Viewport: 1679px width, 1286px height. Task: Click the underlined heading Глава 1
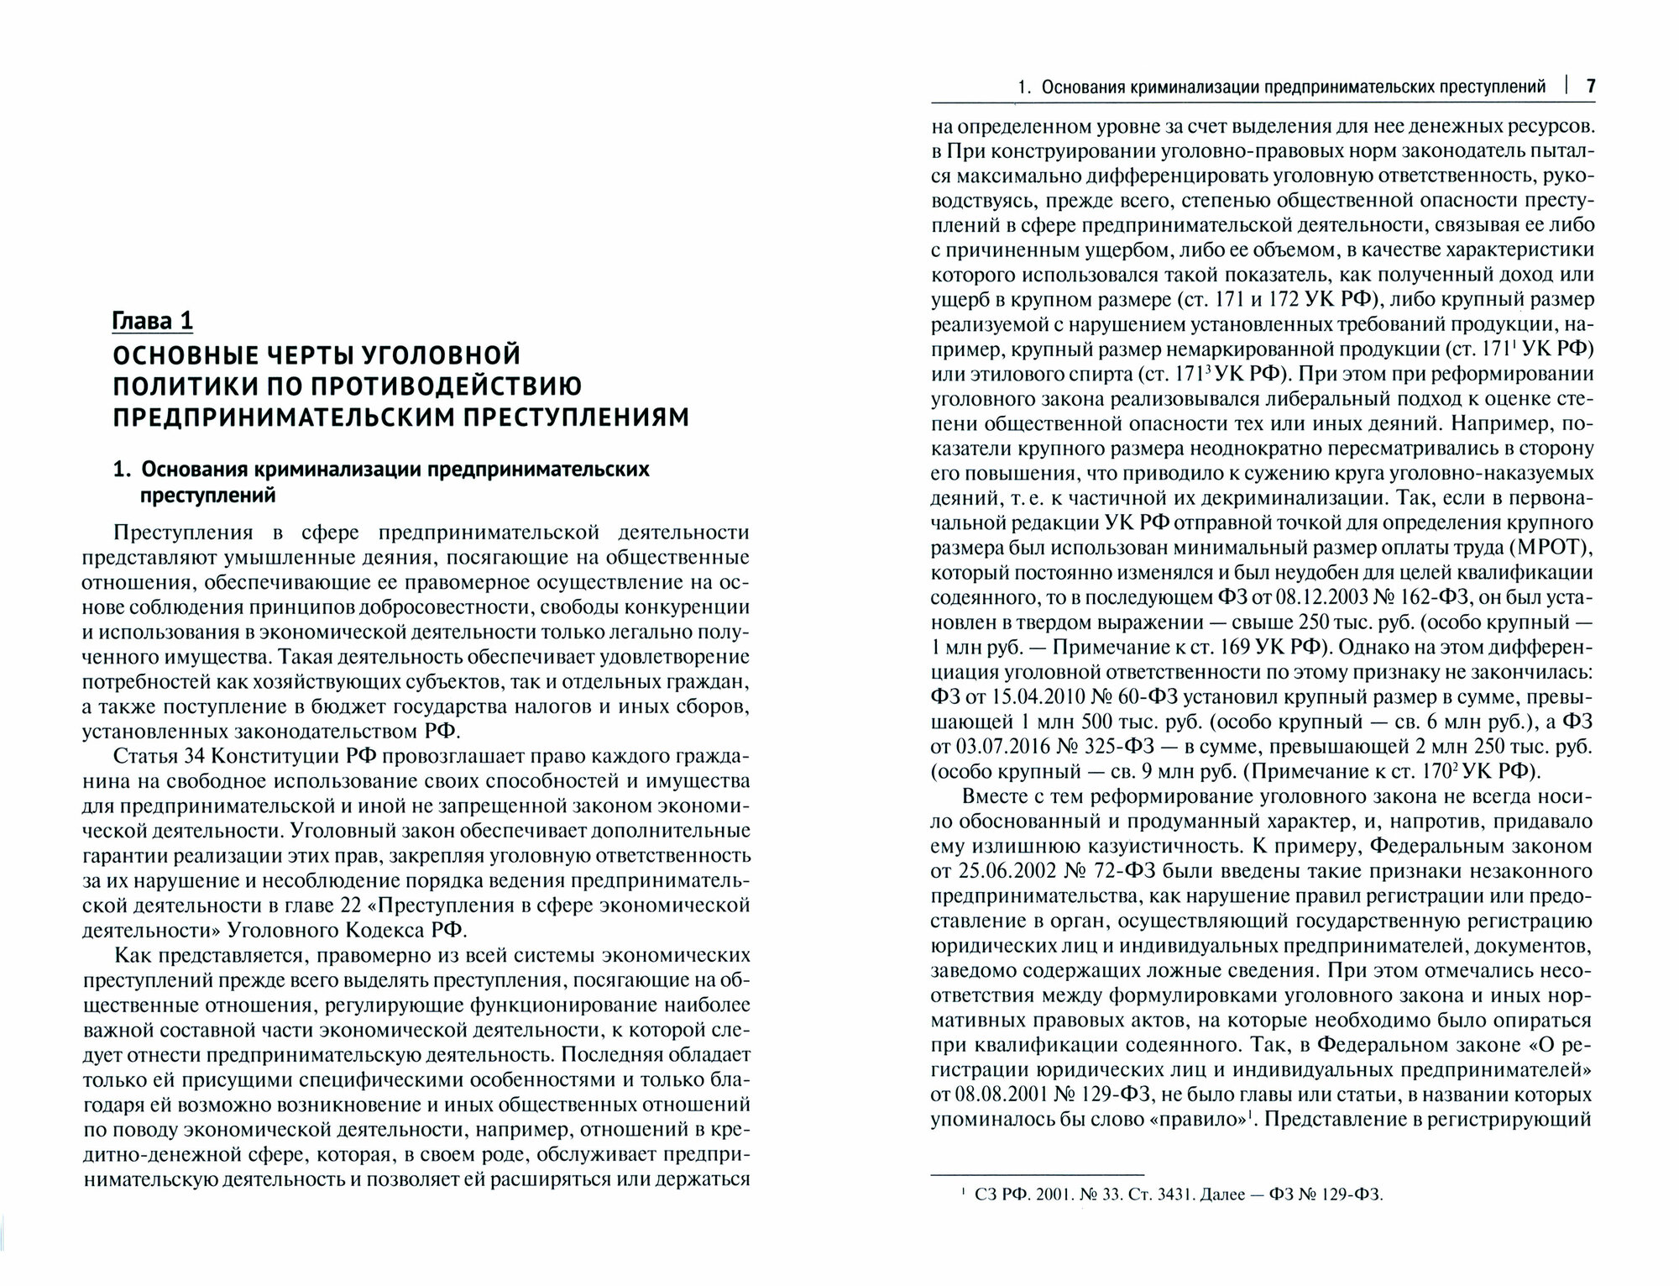[154, 321]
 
